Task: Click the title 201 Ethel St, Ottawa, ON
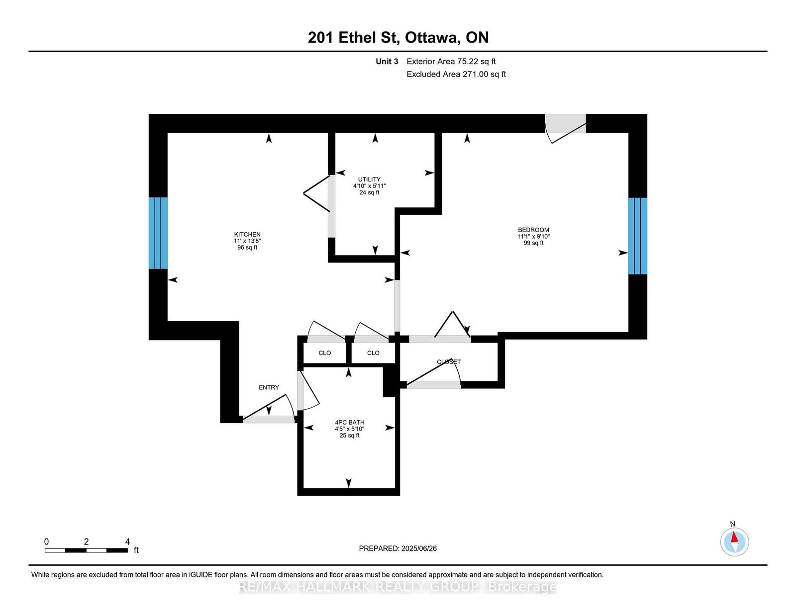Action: click(398, 37)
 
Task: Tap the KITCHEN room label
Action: click(247, 235)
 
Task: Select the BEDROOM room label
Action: click(533, 230)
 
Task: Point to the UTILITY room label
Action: click(369, 179)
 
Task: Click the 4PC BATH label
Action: click(349, 422)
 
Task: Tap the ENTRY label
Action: click(269, 387)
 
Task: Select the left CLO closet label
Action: click(324, 353)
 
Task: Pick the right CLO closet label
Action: click(373, 353)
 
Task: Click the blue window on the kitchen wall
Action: click(158, 233)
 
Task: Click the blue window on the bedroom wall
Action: click(637, 236)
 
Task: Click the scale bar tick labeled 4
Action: click(127, 542)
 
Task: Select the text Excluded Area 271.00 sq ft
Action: click(456, 74)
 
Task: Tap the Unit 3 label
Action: click(387, 62)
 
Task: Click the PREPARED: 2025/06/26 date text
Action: click(398, 548)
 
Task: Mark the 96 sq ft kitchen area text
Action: click(247, 248)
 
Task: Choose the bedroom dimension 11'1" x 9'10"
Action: click(533, 237)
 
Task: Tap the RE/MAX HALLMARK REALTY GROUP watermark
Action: click(398, 587)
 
